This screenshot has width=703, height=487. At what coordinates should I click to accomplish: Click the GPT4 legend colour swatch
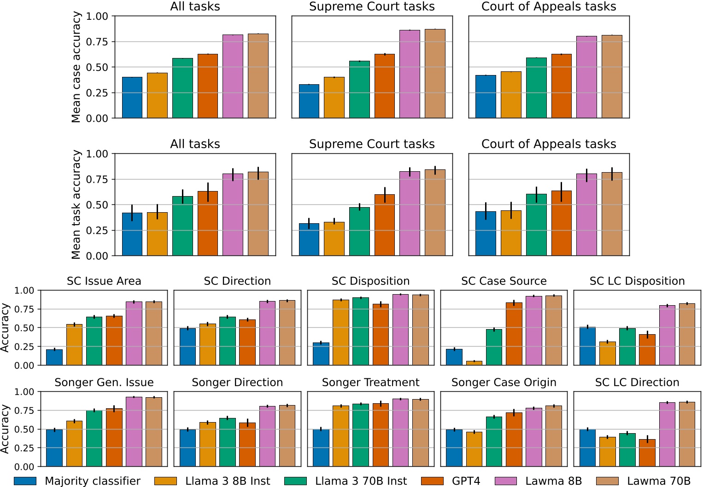[x=433, y=481]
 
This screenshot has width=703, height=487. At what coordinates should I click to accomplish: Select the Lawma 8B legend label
[x=553, y=481]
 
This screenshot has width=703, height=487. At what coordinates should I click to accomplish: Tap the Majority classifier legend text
[x=93, y=481]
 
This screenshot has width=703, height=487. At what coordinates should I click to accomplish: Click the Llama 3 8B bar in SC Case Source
[x=474, y=363]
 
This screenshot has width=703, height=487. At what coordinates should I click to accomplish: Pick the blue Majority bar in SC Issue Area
[x=54, y=357]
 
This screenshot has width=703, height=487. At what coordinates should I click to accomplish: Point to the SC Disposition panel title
[x=370, y=281]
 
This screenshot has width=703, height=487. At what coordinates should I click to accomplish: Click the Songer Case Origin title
[x=504, y=383]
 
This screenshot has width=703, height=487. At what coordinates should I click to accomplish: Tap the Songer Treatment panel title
[x=370, y=383]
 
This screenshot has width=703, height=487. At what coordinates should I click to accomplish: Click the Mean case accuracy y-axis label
[x=76, y=67]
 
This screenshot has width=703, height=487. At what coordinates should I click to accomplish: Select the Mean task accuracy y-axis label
[x=76, y=205]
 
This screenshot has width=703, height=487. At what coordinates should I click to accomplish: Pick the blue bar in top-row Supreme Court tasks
[x=309, y=101]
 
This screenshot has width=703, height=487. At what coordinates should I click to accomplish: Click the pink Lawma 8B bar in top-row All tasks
[x=233, y=76]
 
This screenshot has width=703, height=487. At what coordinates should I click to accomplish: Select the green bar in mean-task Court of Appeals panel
[x=536, y=225]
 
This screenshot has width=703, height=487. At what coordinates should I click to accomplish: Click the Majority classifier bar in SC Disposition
[x=321, y=354]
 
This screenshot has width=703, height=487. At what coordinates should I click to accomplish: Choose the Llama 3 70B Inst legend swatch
[x=296, y=481]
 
